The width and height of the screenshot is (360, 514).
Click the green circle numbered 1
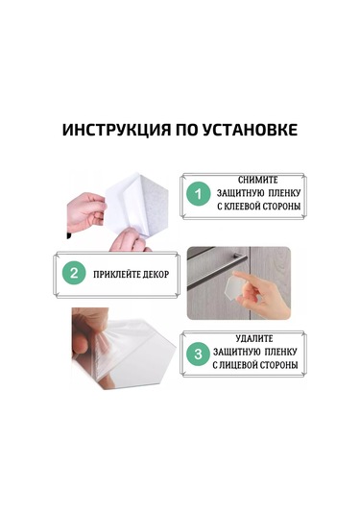point(198,194)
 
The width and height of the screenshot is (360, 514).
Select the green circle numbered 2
point(73,273)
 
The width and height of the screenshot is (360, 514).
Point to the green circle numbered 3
point(198,354)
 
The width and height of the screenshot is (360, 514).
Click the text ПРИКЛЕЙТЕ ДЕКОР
point(131,274)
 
